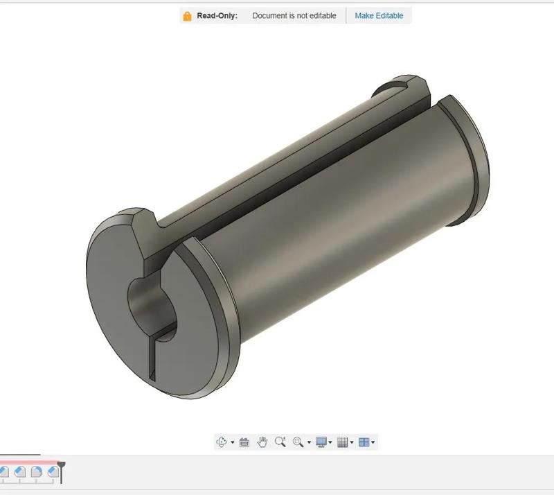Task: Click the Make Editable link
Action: click(x=379, y=15)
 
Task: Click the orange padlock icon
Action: click(x=187, y=16)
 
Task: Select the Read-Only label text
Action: click(x=217, y=15)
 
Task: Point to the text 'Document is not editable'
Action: click(x=294, y=15)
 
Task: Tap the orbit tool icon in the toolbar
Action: click(x=222, y=442)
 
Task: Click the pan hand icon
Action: click(x=262, y=442)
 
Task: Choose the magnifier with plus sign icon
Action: click(x=280, y=442)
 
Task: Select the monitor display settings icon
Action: click(x=321, y=442)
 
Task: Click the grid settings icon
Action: click(x=342, y=442)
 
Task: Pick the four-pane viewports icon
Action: click(x=364, y=442)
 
